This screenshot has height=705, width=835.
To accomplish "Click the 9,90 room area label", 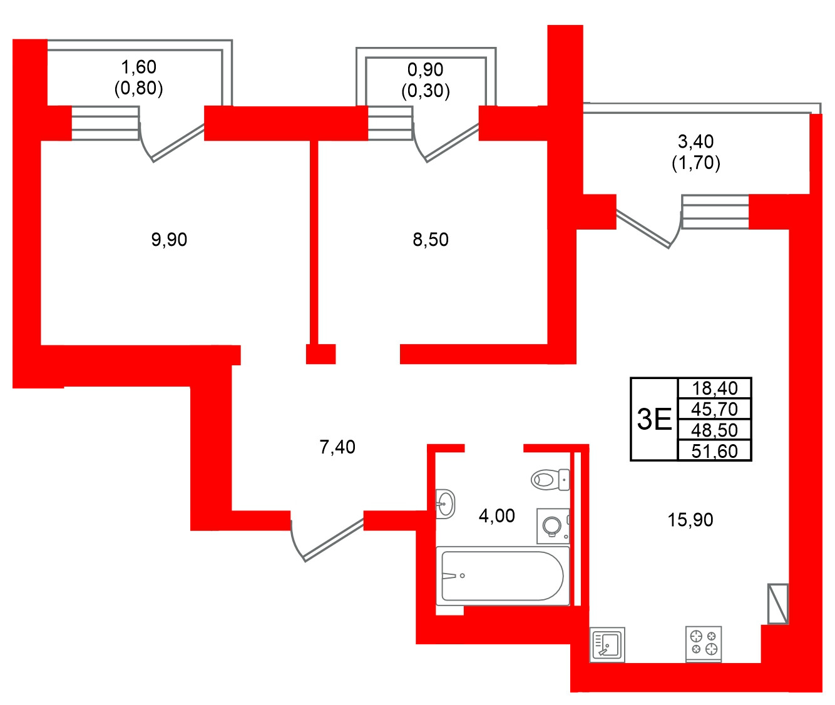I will pyautogui.click(x=169, y=240).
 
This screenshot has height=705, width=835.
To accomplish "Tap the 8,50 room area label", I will pyautogui.click(x=431, y=240).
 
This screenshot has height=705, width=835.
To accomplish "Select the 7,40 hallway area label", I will pyautogui.click(x=337, y=447).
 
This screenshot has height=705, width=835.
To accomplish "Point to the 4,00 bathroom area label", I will pyautogui.click(x=496, y=516).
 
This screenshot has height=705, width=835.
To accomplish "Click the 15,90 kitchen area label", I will pyautogui.click(x=690, y=520).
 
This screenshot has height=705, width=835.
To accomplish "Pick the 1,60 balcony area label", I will pyautogui.click(x=138, y=67).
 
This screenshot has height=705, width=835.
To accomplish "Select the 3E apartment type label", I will pyautogui.click(x=654, y=419).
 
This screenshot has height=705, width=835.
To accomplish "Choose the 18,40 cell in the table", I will pyautogui.click(x=715, y=388).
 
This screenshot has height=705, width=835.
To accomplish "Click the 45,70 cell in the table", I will pyautogui.click(x=715, y=409).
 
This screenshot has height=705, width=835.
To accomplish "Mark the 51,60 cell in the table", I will pyautogui.click(x=715, y=451).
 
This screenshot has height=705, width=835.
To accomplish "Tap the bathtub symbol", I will pyautogui.click(x=503, y=576).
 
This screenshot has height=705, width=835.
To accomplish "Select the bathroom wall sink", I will pyautogui.click(x=445, y=503).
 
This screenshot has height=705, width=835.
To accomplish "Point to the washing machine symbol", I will pyautogui.click(x=553, y=526).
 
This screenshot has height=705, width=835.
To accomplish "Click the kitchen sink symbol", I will pyautogui.click(x=607, y=644).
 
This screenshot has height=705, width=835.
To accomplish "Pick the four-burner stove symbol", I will pyautogui.click(x=704, y=643).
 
